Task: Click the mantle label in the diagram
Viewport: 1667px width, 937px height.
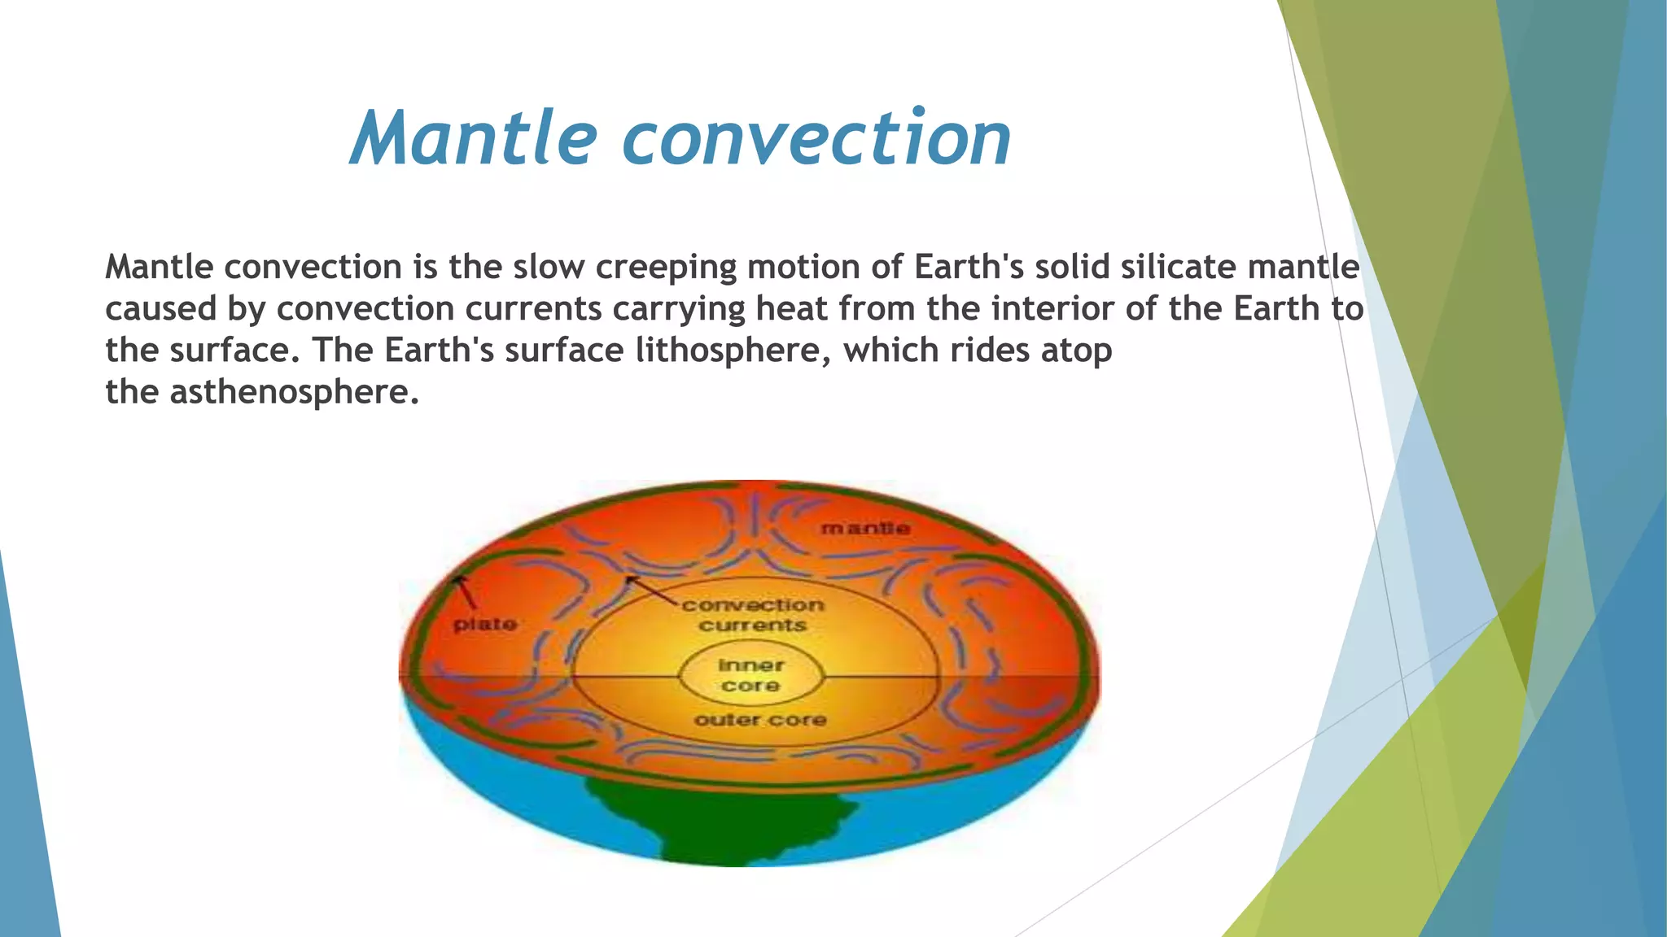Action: [865, 529]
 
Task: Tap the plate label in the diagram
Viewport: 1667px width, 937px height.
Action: [485, 625]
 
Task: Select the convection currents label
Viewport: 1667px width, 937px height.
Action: [753, 615]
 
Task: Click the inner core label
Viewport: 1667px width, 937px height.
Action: [750, 675]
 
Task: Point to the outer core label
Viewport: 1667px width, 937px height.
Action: [760, 720]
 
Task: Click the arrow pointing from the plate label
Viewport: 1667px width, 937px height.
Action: [466, 592]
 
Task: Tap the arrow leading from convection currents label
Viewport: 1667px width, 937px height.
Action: [651, 591]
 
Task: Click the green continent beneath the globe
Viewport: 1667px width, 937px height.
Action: [716, 822]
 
